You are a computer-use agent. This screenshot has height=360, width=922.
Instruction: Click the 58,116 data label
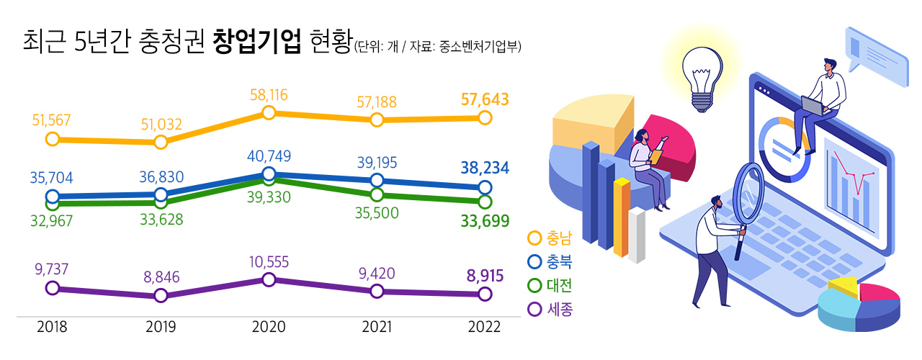[268, 94]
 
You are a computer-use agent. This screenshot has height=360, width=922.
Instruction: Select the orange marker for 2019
[161, 142]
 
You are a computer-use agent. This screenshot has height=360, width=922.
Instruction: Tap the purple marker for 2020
[269, 279]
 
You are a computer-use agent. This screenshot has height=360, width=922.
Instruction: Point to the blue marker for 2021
[377, 180]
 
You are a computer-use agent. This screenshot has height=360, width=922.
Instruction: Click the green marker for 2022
[485, 201]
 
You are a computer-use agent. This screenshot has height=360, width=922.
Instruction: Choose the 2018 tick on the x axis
[52, 328]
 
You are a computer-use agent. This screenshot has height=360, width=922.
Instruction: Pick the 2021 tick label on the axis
[377, 328]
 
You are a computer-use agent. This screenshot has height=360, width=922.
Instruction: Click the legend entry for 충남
[551, 238]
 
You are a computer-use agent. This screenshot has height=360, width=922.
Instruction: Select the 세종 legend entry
[551, 309]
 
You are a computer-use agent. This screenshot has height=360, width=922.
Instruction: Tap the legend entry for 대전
[551, 285]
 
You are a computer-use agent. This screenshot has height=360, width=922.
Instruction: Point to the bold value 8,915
[485, 276]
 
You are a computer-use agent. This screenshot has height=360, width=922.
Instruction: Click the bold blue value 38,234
[485, 168]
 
